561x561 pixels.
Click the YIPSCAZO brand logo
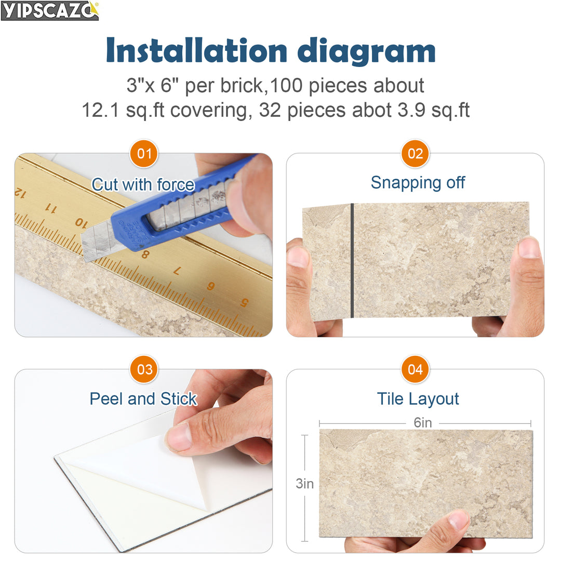click(50, 10)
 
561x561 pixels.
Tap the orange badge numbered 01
click(144, 154)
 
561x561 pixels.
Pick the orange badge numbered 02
click(415, 154)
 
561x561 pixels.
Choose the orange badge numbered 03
click(144, 369)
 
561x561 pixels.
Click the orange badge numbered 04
click(415, 369)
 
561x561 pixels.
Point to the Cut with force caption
click(143, 184)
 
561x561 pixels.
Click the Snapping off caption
click(418, 182)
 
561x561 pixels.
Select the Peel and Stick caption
click(143, 398)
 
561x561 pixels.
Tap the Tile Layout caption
click(418, 398)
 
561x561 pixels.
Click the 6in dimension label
click(423, 423)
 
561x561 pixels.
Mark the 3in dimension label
click(305, 483)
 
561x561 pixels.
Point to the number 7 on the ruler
click(177, 271)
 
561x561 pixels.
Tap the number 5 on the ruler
click(244, 302)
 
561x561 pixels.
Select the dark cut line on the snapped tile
click(352, 260)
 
